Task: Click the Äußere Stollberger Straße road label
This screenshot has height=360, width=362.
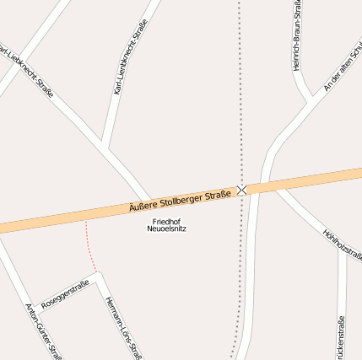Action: click(180, 201)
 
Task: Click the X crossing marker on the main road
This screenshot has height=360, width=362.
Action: click(242, 191)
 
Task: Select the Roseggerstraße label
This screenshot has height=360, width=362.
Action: click(65, 293)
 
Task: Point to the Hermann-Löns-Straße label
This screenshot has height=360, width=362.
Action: click(123, 327)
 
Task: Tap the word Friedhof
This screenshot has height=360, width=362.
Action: click(166, 221)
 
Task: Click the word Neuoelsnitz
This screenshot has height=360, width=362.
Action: click(166, 228)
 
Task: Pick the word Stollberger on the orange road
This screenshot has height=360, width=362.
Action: click(181, 201)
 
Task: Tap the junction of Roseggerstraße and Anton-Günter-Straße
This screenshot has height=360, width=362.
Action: click(35, 306)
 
